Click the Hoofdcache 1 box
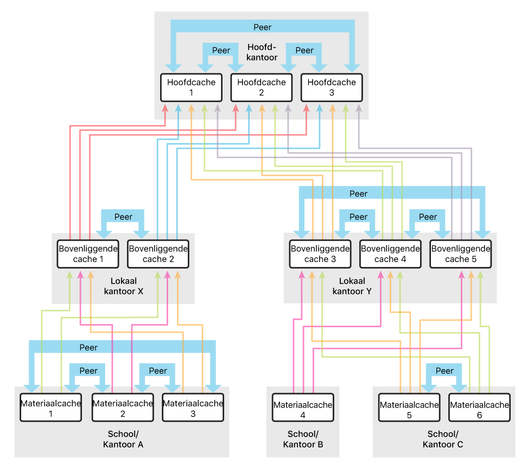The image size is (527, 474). (191, 88)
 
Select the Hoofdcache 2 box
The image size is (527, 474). (261, 88)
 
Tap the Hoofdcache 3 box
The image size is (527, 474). (331, 88)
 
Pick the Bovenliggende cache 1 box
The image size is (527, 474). (88, 254)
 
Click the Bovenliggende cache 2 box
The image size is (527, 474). (158, 254)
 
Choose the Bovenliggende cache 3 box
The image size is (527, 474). (320, 254)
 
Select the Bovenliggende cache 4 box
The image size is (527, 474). (390, 254)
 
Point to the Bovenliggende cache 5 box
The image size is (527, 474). (460, 254)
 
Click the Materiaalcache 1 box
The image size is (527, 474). (50, 408)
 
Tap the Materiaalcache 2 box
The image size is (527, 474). (123, 408)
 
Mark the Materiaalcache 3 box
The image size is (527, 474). (193, 408)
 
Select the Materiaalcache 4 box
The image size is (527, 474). (302, 410)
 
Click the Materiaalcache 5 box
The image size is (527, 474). (409, 410)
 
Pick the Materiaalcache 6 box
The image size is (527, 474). (479, 410)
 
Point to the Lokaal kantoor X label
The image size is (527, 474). (123, 286)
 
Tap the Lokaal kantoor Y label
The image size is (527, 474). (352, 286)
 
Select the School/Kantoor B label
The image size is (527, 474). (302, 439)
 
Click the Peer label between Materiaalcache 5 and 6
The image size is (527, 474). (444, 371)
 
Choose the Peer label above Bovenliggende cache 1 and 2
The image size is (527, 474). (123, 216)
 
